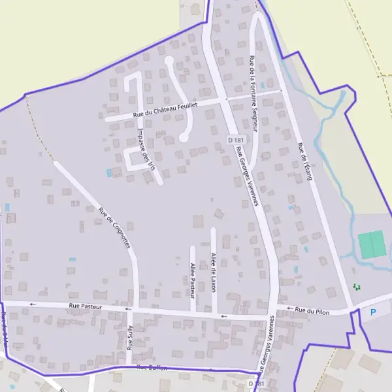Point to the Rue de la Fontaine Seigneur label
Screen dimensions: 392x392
253,95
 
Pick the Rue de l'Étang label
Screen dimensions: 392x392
305,161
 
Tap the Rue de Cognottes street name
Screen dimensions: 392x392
115,228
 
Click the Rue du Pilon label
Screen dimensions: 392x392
312,310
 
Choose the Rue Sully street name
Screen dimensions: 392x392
130,337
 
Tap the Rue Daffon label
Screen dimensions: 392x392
152,368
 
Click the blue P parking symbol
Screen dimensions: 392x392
373,312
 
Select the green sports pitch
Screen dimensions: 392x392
372,244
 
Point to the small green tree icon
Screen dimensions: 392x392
356,287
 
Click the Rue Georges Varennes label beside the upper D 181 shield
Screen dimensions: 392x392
248,176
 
